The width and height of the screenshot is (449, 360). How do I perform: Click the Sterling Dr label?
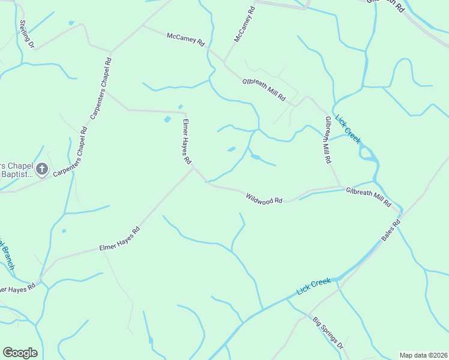click(x=27, y=35)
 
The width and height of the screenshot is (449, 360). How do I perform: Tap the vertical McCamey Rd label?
click(x=244, y=24)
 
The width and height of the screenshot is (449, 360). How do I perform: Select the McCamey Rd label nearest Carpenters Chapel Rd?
click(x=186, y=40)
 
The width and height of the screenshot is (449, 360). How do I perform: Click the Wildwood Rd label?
click(x=264, y=197)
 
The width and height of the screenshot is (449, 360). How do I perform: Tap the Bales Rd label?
click(x=391, y=230)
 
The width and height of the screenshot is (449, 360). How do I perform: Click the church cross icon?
click(x=41, y=169)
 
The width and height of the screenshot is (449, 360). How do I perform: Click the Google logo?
click(x=20, y=353)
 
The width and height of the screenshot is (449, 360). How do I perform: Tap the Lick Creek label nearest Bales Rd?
click(x=314, y=287)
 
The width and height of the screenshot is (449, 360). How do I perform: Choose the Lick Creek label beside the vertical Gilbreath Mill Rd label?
click(x=348, y=128)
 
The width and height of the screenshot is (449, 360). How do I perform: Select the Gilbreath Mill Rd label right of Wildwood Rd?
click(x=368, y=196)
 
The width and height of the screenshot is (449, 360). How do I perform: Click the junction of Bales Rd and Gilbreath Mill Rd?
click(x=401, y=212)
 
